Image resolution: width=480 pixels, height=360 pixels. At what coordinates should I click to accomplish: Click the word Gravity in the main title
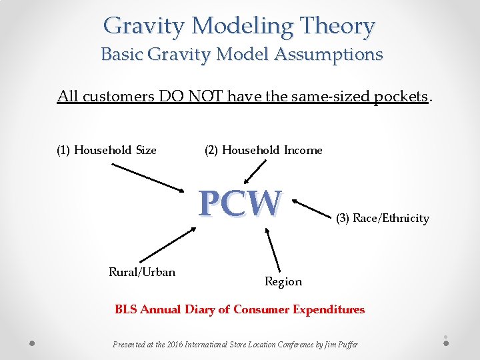tap(144, 27)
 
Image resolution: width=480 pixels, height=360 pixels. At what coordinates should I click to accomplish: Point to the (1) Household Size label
tap(107, 150)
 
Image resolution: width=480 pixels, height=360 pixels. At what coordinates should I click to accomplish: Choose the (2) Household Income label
tap(263, 150)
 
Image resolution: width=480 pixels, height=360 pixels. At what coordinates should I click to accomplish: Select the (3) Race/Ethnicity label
tap(382, 218)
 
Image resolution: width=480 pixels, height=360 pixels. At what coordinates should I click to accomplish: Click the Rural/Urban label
tap(142, 271)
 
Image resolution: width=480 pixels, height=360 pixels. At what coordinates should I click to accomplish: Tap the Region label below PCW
tap(283, 281)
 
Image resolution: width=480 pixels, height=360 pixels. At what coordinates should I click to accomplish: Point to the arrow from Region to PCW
tap(273, 249)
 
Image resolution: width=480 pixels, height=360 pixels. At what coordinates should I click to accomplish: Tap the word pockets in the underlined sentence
tap(400, 97)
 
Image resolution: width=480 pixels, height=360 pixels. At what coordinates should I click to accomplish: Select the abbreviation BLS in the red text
tap(125, 309)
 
